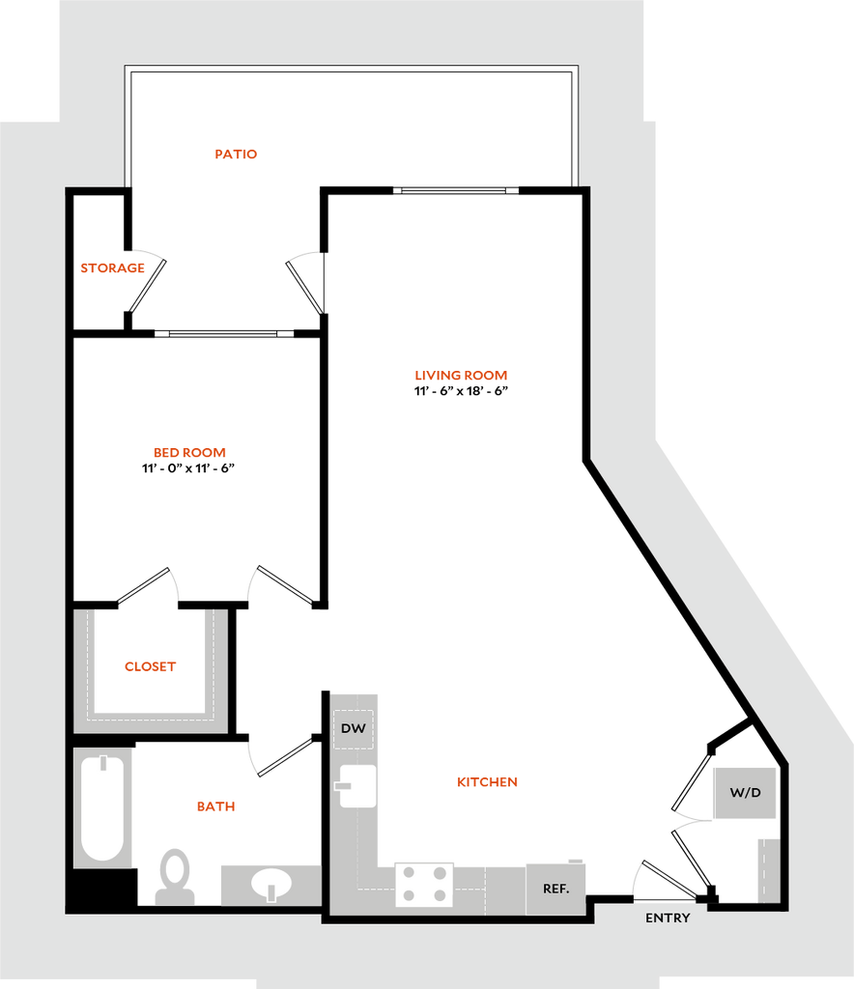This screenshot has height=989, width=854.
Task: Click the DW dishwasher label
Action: point(354,728)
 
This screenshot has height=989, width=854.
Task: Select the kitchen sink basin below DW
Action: point(356,785)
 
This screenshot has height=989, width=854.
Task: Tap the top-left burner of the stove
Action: point(410,873)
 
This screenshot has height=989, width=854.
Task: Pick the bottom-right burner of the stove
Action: point(441,896)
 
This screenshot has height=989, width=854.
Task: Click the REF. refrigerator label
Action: point(555,889)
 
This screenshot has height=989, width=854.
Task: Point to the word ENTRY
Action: point(668,918)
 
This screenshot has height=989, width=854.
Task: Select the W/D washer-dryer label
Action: point(745,793)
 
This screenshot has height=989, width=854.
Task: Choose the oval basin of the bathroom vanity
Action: point(270,884)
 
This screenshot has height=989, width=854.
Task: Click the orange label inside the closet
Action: point(151,666)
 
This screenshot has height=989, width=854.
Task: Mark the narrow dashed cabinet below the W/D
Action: point(768,869)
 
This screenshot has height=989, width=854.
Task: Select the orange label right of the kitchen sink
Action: point(487,781)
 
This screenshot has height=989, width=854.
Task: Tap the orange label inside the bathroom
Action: point(215,805)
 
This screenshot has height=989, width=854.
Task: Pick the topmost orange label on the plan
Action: point(237,154)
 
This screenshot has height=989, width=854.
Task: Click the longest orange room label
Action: point(461,375)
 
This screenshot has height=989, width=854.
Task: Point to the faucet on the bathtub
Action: point(103,768)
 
